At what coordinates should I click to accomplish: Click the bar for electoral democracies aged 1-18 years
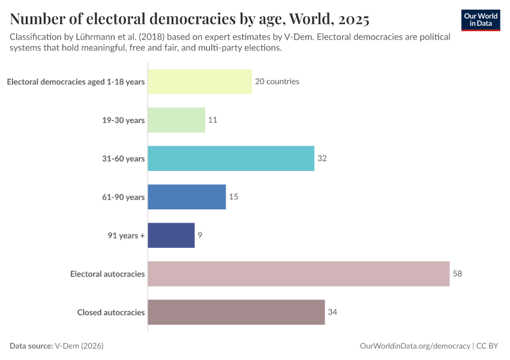199,82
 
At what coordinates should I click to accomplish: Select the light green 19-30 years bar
176,120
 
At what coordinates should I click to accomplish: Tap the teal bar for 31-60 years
231,158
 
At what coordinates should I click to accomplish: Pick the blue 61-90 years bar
187,197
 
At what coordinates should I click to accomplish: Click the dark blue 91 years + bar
171,235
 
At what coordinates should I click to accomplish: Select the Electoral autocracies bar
298,274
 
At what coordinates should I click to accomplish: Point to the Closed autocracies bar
236,312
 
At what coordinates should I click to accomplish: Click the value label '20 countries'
277,82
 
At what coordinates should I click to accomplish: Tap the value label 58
458,274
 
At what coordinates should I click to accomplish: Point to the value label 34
333,312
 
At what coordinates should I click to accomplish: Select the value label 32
322,158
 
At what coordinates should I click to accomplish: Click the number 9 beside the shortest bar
200,235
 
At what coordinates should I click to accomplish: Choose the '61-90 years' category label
123,197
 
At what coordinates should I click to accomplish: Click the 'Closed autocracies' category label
111,312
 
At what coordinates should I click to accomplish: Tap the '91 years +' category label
125,235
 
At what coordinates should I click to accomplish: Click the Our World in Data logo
481,20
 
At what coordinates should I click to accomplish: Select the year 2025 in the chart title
349,19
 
